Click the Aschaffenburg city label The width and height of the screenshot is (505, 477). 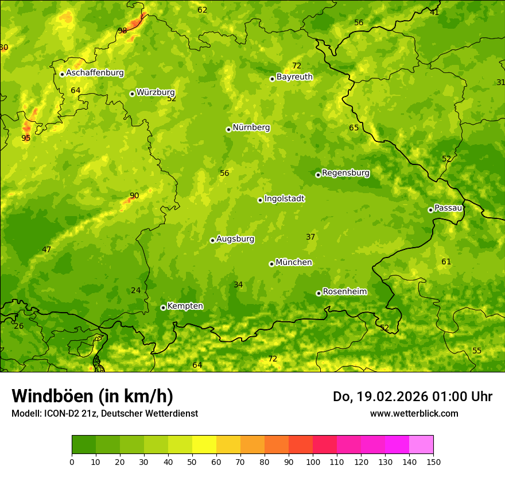click(95, 73)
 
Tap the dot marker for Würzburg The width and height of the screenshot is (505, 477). click(132, 94)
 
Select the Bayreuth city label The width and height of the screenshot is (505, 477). click(294, 77)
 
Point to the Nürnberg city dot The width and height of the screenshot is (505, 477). click(228, 129)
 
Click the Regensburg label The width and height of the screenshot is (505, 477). click(345, 173)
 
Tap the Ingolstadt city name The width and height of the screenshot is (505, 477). click(284, 199)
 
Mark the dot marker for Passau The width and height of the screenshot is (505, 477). click(430, 210)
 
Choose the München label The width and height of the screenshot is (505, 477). click(294, 263)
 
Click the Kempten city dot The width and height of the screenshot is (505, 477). click(163, 307)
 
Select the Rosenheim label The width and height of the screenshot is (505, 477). click(344, 292)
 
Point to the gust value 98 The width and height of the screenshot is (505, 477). click(122, 30)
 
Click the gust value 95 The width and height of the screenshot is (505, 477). click(26, 138)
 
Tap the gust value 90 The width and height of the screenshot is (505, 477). click(134, 195)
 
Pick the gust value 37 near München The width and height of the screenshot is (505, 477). click(310, 237)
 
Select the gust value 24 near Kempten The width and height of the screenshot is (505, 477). click(135, 290)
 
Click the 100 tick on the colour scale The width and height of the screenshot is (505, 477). click(313, 461)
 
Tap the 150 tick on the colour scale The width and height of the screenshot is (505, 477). click(433, 461)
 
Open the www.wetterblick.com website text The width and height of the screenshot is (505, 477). click(414, 413)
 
